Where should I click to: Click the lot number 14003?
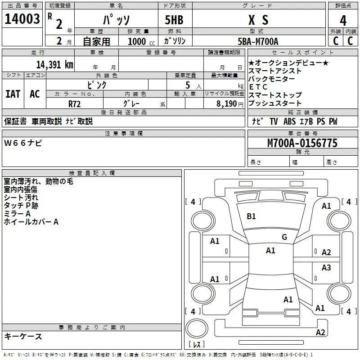(22, 19)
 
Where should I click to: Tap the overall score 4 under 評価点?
(343, 21)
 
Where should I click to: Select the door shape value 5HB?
(174, 20)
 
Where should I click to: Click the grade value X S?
(258, 20)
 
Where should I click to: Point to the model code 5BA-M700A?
(258, 41)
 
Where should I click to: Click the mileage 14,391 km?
(54, 64)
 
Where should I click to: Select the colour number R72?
(74, 104)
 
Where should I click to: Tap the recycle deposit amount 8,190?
(227, 103)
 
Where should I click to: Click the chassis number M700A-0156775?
(302, 143)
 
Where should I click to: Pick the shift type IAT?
(13, 94)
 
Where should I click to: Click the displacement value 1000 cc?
(141, 41)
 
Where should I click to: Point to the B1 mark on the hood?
(251, 216)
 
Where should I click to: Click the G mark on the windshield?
(284, 237)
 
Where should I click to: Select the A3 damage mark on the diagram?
(326, 267)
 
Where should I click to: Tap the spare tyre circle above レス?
(197, 328)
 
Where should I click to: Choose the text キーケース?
(23, 336)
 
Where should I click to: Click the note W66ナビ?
(23, 143)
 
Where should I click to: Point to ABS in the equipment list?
(289, 121)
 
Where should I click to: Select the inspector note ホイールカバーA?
(31, 222)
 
